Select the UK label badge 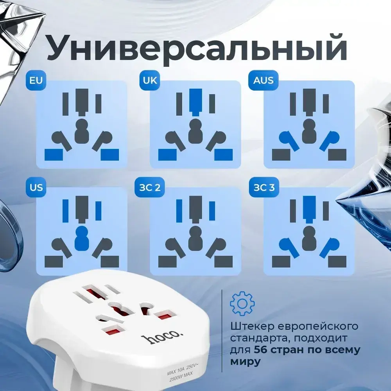coord(150,81)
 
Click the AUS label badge coord(263,81)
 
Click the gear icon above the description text coord(242,303)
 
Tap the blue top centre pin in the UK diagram coord(195,101)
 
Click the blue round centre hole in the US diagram coord(82,239)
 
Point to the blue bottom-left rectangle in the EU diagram coord(54,155)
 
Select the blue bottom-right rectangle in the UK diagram coord(223,155)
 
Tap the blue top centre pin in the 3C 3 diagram coord(309,208)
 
